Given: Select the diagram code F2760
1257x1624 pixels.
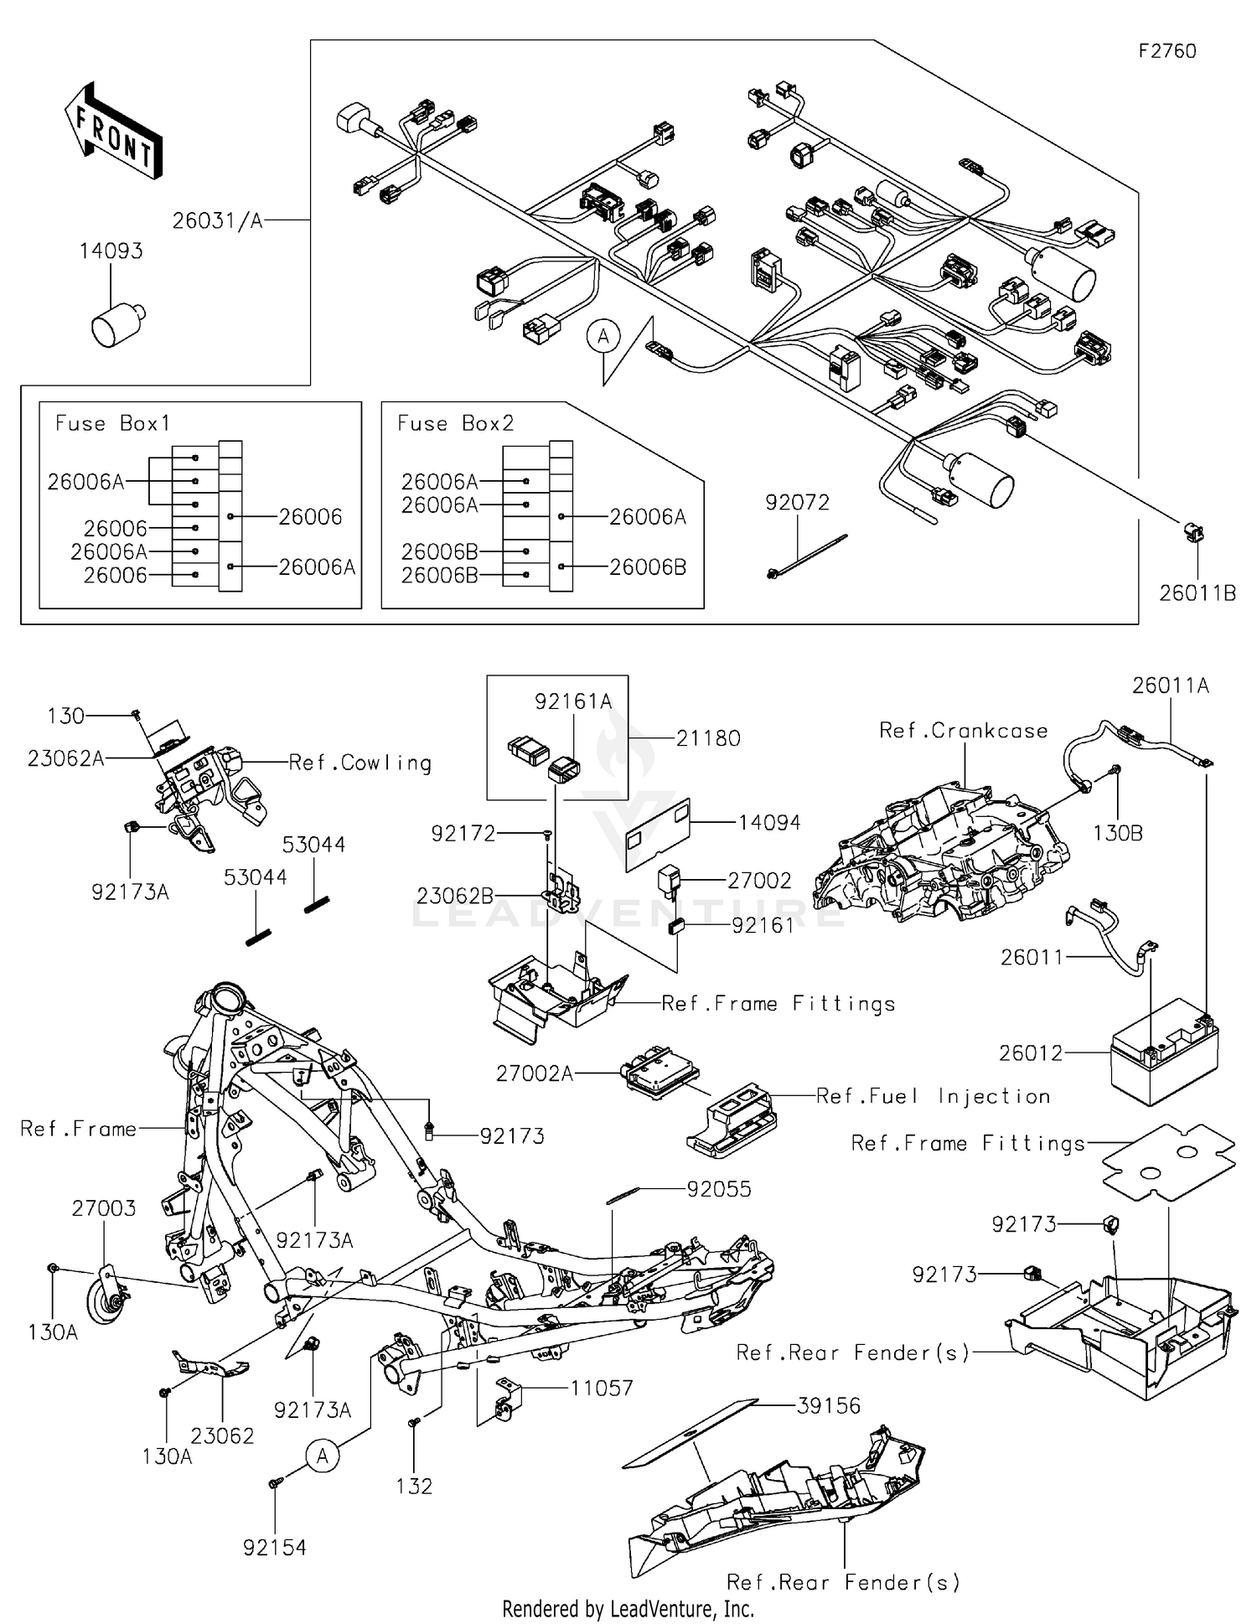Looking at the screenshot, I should pos(1166,51).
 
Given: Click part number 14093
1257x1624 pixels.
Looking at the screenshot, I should pos(111,251).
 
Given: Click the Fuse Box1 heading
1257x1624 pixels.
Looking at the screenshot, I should pos(112,423).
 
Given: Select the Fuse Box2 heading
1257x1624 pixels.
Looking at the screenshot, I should pos(455,423).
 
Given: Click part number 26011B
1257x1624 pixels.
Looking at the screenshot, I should pos(1197,593).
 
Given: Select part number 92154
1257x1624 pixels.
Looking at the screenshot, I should pos(274,1548).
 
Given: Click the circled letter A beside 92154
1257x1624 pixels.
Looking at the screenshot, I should pos(323,1456).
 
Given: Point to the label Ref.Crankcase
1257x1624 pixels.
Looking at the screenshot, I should pos(963,731).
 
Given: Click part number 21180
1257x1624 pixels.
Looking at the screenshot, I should pos(708,738).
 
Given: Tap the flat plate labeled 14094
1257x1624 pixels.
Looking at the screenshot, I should pos(658,834).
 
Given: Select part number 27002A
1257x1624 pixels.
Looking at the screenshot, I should pos(535,1073).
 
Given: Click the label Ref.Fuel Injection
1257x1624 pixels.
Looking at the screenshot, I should pos(933,1096).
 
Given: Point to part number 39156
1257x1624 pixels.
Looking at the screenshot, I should pos(828,1405).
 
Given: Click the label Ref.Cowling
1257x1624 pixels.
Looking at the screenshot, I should pos(360,763).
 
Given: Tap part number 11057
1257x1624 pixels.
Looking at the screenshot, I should pos(601,1388).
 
